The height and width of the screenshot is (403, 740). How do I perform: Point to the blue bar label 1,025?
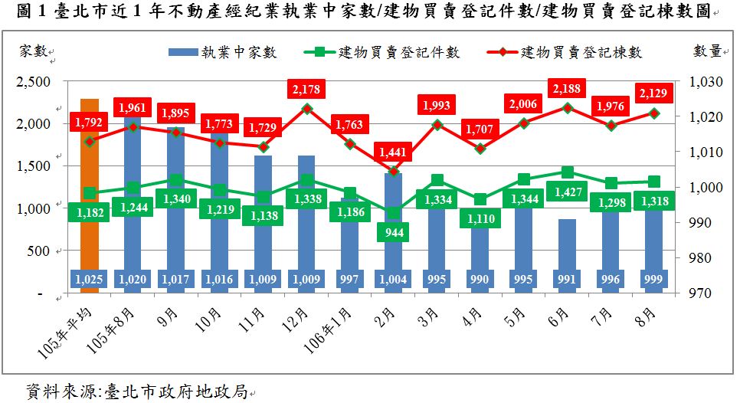point(90,280)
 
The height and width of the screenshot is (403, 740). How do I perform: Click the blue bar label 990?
point(480,280)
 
